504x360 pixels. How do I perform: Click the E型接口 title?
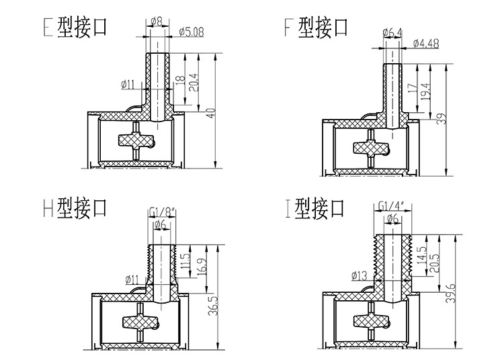coord(74,28)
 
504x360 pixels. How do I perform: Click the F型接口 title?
coord(316,28)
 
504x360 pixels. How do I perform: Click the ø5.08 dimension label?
coord(192,30)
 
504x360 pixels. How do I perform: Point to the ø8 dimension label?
coord(157,21)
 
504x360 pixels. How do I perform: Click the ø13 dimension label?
coord(360,275)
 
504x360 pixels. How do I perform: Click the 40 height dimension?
coord(210,111)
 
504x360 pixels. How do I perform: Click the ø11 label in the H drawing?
coord(132,279)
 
